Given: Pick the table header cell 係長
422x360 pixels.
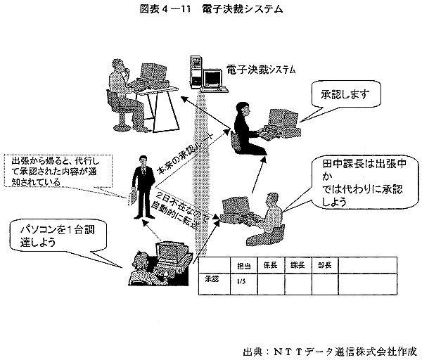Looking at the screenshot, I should pos(270,265).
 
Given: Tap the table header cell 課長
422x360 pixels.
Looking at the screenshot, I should pos(297,265).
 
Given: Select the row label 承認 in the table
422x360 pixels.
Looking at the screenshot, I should pos(212,279).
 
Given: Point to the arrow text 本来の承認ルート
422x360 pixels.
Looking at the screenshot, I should pos(187,146).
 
